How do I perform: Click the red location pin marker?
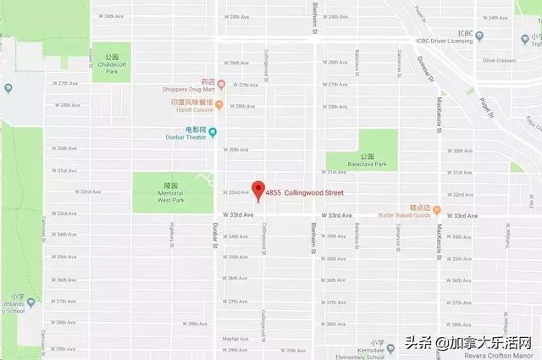point(259,190)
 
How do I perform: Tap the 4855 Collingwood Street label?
point(309,193)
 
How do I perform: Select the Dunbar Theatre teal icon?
point(213,131)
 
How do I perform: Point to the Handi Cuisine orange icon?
point(218,105)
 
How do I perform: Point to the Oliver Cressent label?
point(499,60)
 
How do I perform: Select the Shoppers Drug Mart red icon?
point(220,83)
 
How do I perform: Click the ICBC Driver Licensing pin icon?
point(479,36)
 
